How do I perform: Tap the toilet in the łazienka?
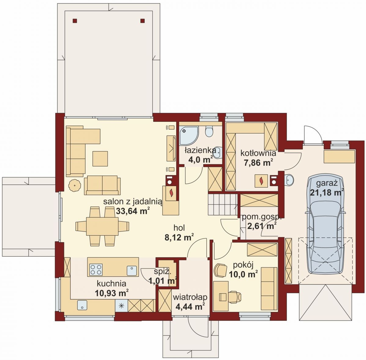click(x=209, y=131)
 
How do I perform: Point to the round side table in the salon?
click(x=75, y=186)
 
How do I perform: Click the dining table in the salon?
click(x=102, y=226)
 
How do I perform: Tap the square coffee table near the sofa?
click(x=100, y=159)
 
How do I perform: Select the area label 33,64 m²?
click(x=133, y=211)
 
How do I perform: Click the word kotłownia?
click(x=258, y=153)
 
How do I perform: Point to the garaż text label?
click(x=327, y=183)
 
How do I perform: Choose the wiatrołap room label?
click(x=190, y=297)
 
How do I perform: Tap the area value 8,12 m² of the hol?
click(x=179, y=238)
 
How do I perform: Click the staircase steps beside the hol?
click(x=223, y=205)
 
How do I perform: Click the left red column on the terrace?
click(x=75, y=21)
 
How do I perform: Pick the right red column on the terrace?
click(x=143, y=21)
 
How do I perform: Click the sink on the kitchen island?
click(x=132, y=271)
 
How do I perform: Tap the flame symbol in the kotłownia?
click(x=261, y=181)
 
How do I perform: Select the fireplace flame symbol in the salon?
click(x=172, y=193)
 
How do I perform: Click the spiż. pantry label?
click(x=163, y=272)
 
